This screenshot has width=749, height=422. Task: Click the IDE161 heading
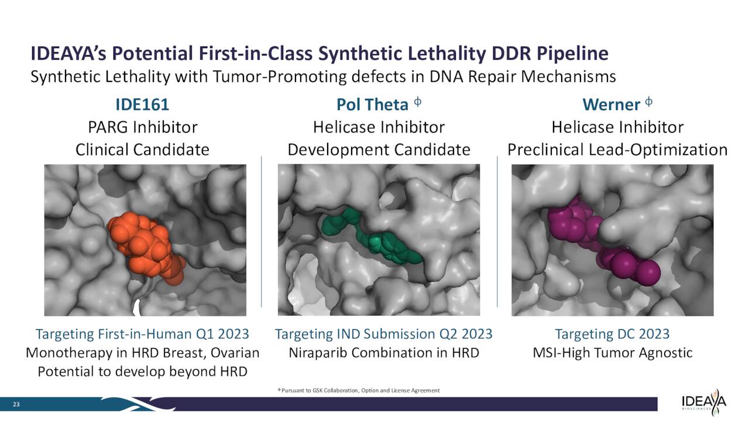tap(142, 105)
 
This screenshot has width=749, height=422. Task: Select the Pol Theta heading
tap(372, 105)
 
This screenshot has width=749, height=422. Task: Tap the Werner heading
tap(611, 105)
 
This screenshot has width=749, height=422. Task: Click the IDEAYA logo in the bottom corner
tap(704, 403)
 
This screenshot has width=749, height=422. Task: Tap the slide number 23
tap(17, 404)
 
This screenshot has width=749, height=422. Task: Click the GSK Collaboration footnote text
tap(359, 390)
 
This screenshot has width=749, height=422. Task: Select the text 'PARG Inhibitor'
tap(142, 127)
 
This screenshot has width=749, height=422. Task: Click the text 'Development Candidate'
tap(379, 149)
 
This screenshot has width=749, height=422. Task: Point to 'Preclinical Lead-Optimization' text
tap(617, 149)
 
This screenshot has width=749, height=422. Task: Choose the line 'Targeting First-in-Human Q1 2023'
tap(142, 334)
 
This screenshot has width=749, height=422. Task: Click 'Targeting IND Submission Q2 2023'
tap(383, 334)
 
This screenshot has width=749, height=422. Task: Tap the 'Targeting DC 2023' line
tap(612, 334)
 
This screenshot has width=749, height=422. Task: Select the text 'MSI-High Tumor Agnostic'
tap(612, 353)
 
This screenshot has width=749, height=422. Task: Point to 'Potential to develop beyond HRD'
tap(142, 372)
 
